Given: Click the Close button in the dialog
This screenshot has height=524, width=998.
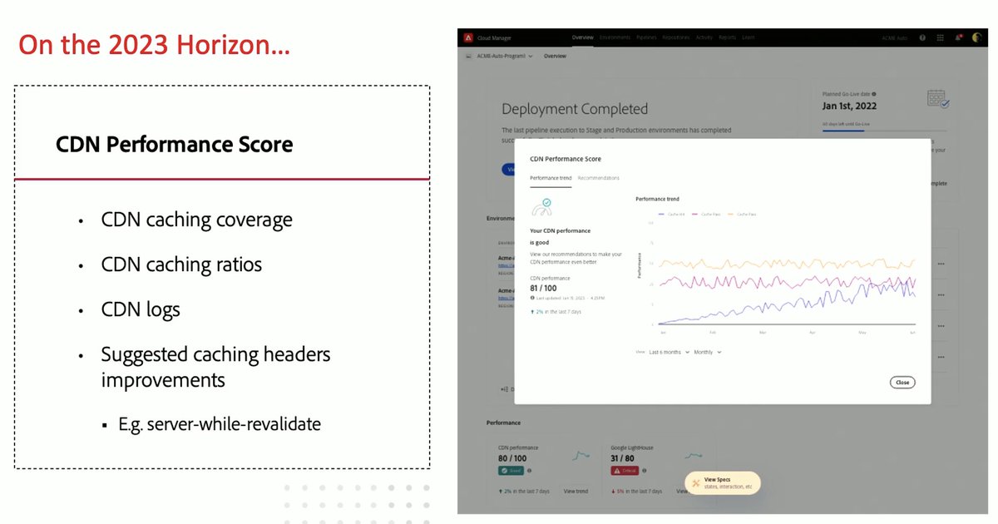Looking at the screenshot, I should [902, 383].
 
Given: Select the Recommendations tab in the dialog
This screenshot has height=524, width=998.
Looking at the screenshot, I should [599, 178].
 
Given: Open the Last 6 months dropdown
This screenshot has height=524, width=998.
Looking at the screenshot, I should [669, 352].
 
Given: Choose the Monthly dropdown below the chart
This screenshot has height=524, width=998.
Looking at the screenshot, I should [707, 352].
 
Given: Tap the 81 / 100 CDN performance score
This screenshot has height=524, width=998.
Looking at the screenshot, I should [543, 288].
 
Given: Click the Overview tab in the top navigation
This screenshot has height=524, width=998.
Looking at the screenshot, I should [583, 37].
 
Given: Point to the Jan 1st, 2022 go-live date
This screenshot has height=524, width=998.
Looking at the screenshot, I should [849, 106].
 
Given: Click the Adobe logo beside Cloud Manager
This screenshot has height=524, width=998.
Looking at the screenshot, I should [469, 37].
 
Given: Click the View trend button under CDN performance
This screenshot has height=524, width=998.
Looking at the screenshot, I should [576, 492].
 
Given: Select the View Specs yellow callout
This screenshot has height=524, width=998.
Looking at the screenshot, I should [722, 483].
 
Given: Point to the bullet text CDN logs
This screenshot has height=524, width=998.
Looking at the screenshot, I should [141, 309].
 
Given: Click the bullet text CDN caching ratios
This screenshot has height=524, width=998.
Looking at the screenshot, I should [181, 264].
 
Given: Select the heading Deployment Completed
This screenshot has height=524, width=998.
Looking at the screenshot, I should [575, 109].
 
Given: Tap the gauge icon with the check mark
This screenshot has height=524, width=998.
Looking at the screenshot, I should [542, 207].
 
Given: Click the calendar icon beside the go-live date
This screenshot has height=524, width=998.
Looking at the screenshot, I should [938, 99].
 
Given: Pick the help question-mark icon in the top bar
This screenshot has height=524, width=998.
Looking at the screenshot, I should [922, 37].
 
